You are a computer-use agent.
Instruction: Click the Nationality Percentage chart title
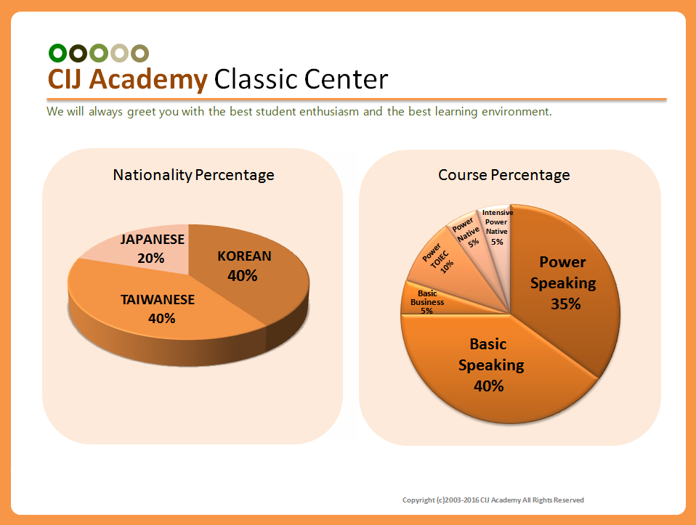pos(193,175)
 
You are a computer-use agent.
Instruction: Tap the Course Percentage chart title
pos(503,175)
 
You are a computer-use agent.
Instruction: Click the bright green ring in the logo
pos(57,53)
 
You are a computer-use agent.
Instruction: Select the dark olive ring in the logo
pos(78,53)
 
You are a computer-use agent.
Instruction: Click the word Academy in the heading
pos(148,80)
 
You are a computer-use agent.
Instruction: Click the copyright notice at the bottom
pos(493,500)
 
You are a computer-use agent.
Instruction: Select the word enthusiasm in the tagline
pos(329,111)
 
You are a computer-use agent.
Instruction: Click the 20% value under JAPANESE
pos(151,258)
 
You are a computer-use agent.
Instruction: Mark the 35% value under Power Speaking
pos(565,304)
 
